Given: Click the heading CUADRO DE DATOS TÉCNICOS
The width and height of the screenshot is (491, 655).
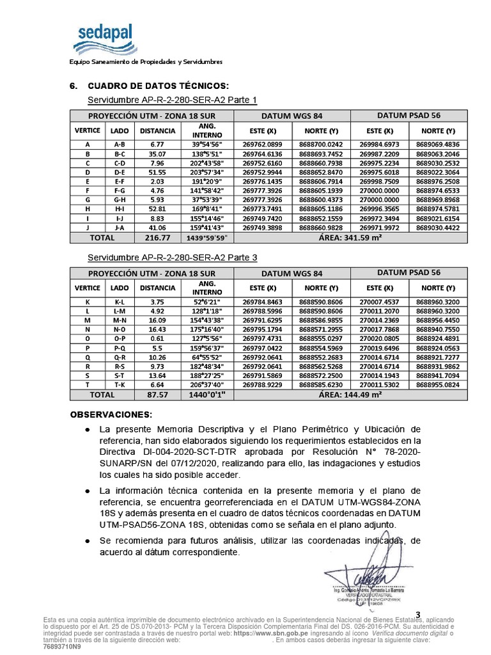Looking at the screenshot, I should (x=157, y=86).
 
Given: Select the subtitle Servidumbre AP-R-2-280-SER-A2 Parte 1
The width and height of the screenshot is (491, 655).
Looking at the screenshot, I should (x=172, y=100).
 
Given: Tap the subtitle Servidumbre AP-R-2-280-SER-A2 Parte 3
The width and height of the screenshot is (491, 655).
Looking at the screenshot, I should (x=172, y=258).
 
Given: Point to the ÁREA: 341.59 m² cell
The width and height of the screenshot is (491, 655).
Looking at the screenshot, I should (x=350, y=237).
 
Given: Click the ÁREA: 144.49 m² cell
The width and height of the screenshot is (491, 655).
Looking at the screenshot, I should (x=350, y=395).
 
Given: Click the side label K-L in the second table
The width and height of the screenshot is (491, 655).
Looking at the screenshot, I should (x=120, y=301).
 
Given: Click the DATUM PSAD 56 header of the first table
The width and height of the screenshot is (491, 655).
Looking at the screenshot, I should (x=409, y=115).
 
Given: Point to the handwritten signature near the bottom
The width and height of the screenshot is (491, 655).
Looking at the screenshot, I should (x=361, y=572).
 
